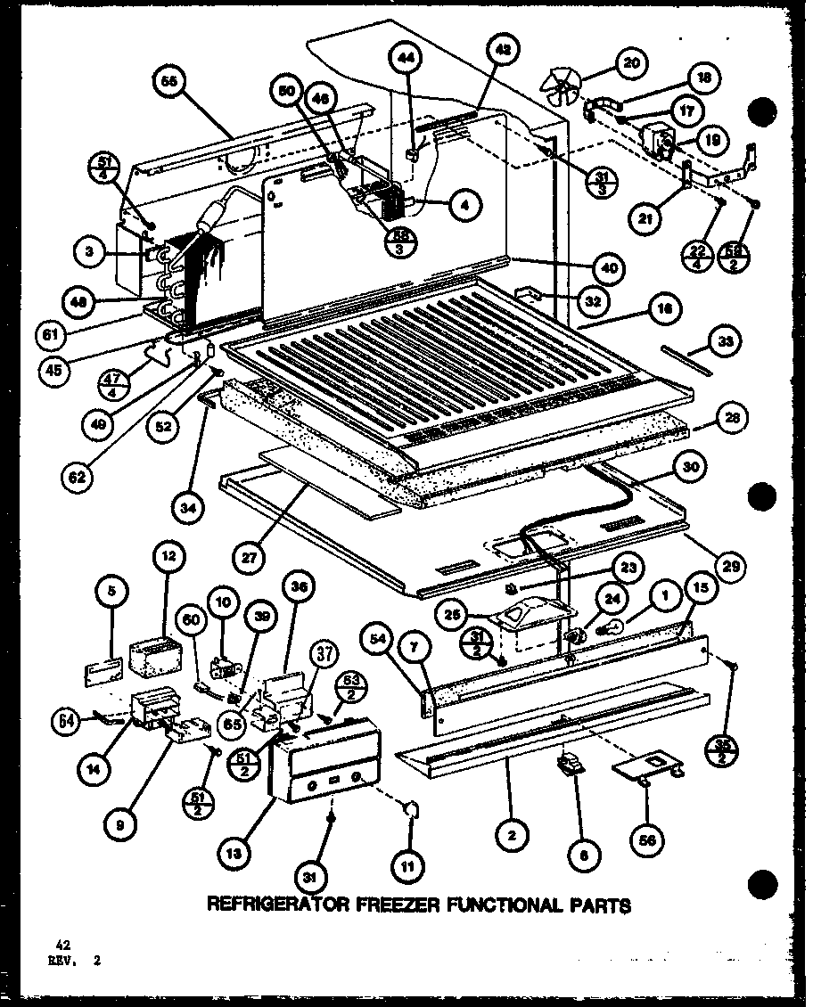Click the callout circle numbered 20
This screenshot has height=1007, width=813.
(x=632, y=63)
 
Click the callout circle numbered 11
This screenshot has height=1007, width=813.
(x=412, y=864)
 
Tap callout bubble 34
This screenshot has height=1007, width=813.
(x=191, y=511)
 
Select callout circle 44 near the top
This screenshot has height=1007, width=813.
(x=405, y=58)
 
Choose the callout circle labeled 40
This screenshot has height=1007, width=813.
(x=610, y=267)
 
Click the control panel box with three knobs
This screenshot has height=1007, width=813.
(x=324, y=763)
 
